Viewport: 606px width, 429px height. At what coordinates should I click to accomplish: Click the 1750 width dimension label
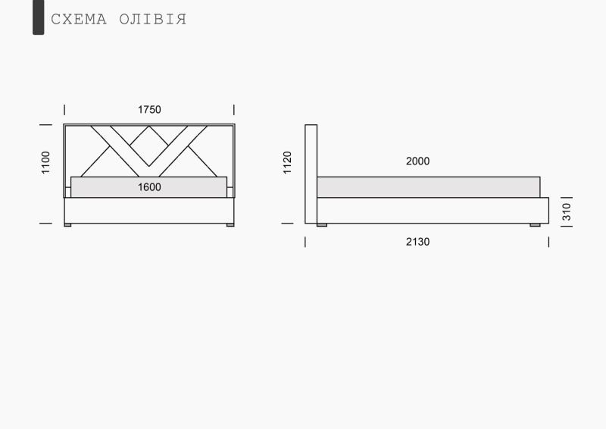coord(149,110)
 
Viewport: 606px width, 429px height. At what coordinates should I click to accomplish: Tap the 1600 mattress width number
coord(149,187)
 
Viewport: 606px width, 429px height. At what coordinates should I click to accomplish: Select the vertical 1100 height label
coord(45,162)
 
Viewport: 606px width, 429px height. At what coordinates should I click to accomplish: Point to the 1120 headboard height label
coord(287,162)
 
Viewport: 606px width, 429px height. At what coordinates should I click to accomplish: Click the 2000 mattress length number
coord(417,161)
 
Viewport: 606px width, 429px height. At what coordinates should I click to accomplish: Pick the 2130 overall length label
coord(417,242)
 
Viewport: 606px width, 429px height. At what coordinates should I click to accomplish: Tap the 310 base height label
coord(566,211)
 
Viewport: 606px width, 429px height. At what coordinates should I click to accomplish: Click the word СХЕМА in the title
coord(79,20)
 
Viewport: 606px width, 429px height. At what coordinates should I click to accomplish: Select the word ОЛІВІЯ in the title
coord(153,20)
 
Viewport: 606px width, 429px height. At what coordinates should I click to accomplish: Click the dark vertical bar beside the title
coord(39,17)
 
